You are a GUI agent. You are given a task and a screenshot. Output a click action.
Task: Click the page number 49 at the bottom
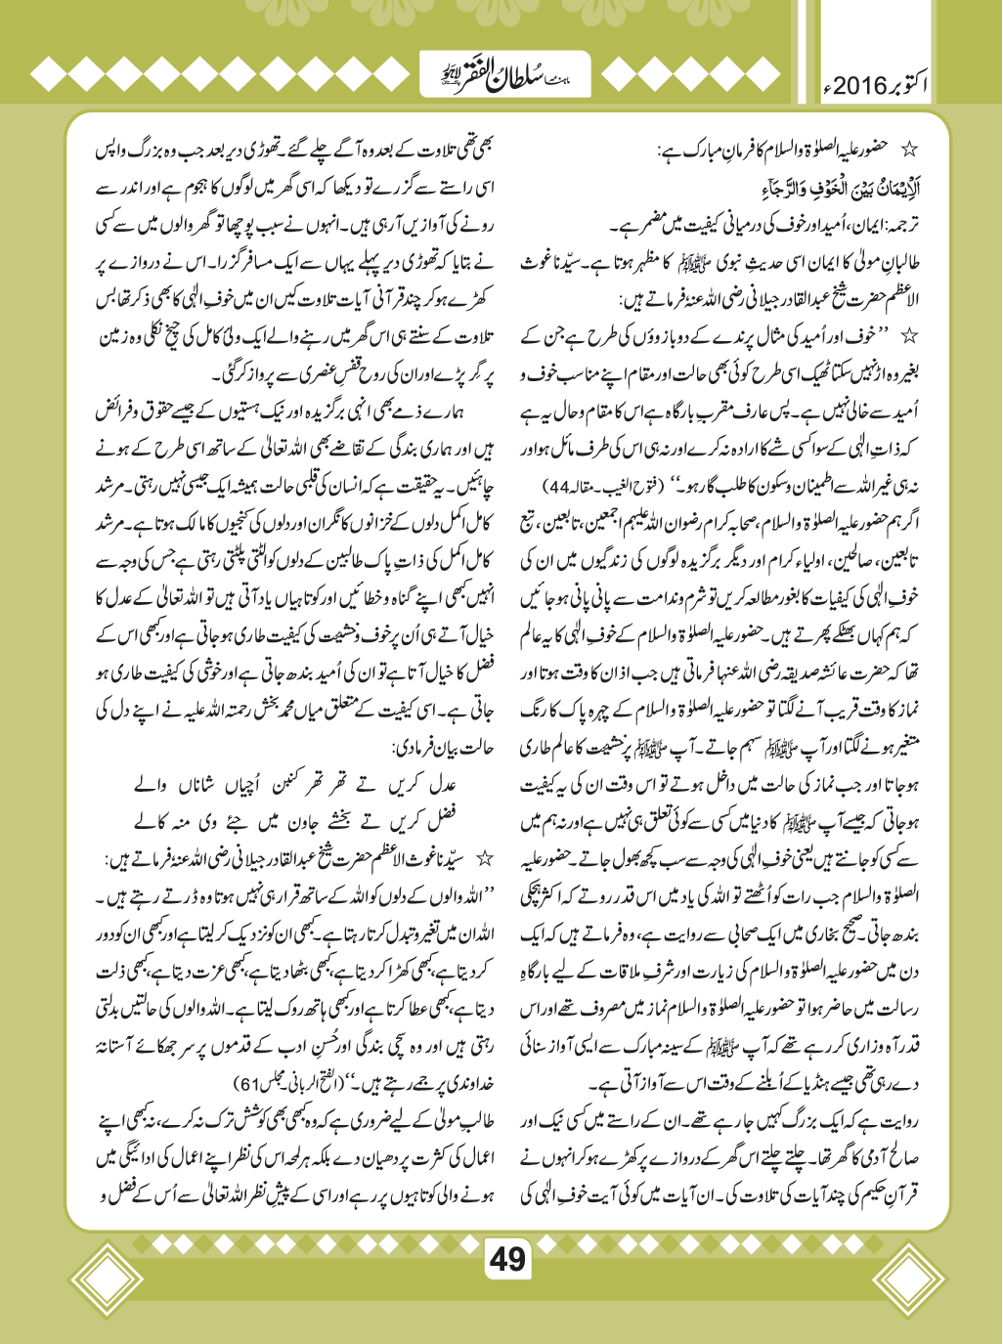click(507, 1258)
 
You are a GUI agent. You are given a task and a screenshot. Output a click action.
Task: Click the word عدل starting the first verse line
click(442, 786)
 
